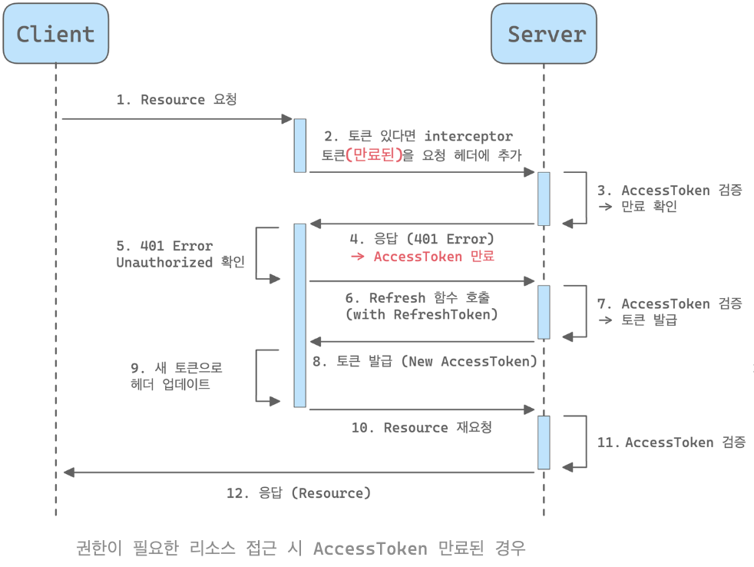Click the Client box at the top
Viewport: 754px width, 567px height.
pos(55,34)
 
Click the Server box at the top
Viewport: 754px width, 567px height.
pos(544,34)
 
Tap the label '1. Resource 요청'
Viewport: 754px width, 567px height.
pos(177,100)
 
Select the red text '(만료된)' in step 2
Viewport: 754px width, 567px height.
pos(374,154)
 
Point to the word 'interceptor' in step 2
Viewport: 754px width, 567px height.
pos(468,136)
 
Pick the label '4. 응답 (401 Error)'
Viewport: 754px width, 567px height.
pos(422,239)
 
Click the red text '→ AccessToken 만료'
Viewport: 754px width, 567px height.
pos(422,257)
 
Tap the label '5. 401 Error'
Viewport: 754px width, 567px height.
pos(164,246)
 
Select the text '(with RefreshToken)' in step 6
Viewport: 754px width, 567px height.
pos(422,314)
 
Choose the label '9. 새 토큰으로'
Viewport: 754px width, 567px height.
pos(177,368)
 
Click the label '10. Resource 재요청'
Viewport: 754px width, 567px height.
pos(422,427)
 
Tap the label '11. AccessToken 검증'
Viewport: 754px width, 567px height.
pos(671,442)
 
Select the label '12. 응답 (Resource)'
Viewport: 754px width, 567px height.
pos(299,493)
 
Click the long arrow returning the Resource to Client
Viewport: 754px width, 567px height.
pos(299,472)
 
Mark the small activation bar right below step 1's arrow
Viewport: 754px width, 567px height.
pos(299,145)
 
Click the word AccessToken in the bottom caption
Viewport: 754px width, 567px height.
pos(370,549)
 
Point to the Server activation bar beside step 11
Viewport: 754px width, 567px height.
pos(544,443)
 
